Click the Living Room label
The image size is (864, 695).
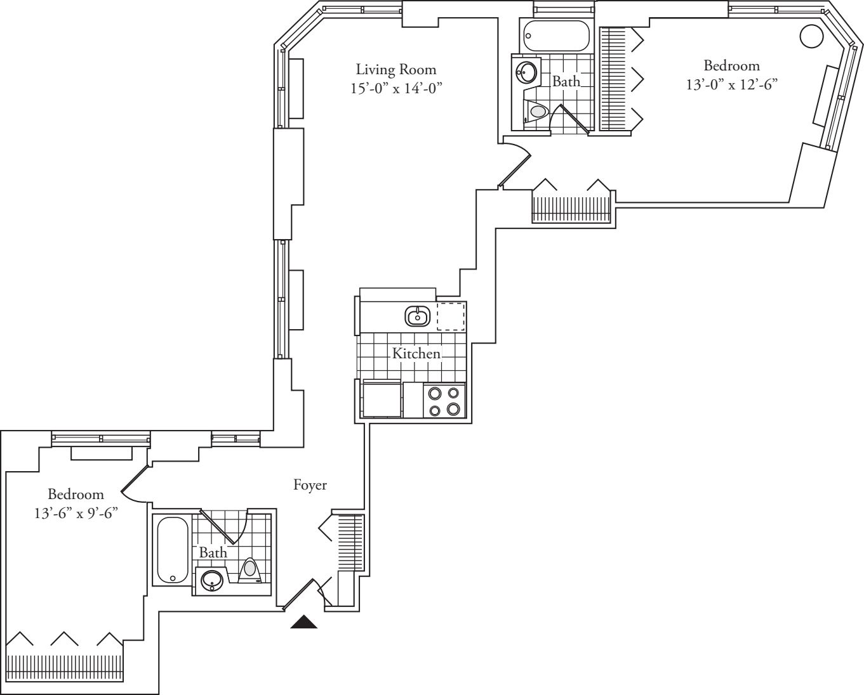point(395,69)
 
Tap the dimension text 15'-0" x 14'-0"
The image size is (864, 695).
point(395,88)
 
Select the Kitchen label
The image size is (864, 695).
point(416,353)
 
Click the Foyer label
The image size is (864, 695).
point(310,485)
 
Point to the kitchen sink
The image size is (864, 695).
point(417,315)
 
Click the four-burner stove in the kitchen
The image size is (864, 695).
point(444,401)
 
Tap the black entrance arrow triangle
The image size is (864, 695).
point(304,622)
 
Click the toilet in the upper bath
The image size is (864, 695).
point(536,112)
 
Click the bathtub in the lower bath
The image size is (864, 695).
point(172,550)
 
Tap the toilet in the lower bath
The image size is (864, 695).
point(251,569)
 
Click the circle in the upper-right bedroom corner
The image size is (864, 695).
point(811,36)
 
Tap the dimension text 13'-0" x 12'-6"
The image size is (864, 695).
point(731,84)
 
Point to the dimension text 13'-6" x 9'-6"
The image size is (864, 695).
point(76,513)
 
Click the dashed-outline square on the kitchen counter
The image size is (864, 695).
point(451,316)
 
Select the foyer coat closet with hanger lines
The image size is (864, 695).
point(349,542)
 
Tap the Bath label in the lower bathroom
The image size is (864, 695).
point(213,552)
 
